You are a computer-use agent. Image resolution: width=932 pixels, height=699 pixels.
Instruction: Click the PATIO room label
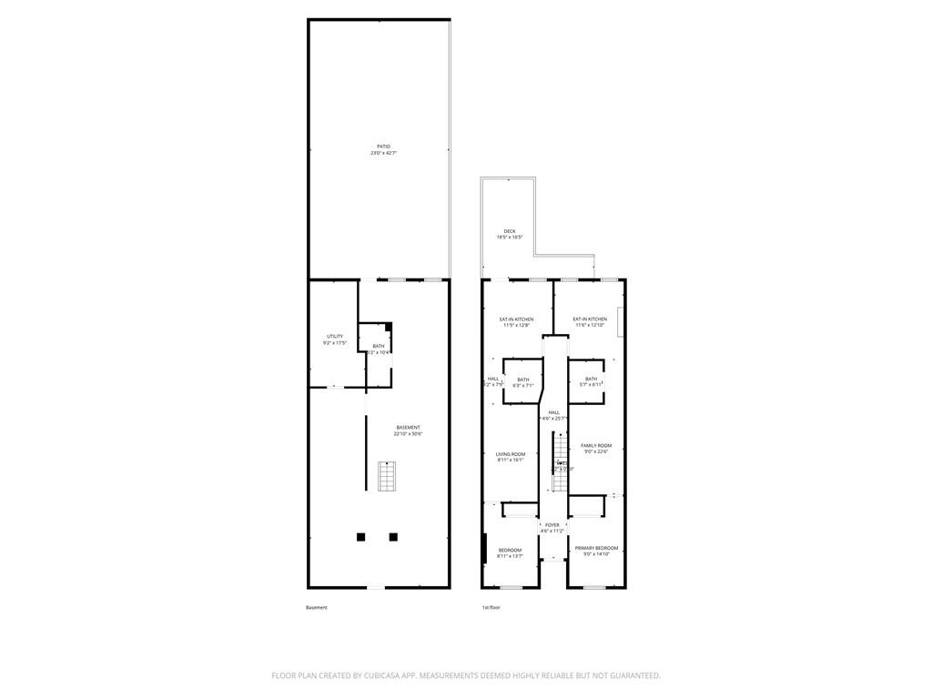tap(383, 149)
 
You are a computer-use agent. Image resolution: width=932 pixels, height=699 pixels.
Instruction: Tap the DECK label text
tap(509, 234)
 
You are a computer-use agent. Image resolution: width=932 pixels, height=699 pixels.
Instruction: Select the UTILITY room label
tap(335, 339)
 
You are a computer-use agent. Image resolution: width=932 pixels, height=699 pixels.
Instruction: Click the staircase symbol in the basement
tap(388, 476)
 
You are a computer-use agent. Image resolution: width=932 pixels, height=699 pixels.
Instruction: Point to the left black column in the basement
tap(361, 537)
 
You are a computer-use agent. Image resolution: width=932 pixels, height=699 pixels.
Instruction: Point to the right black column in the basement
tap(393, 537)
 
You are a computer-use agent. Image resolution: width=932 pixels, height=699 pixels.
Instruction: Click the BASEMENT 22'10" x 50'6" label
tap(408, 431)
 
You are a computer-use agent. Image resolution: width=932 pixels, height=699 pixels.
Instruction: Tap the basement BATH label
tap(379, 349)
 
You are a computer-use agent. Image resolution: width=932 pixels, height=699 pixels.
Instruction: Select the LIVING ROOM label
tap(511, 457)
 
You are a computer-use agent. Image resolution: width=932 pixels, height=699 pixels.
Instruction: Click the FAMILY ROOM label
tap(596, 449)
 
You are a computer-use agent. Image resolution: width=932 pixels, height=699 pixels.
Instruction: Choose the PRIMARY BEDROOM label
tap(596, 551)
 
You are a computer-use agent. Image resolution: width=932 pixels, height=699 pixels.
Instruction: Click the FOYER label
tap(552, 528)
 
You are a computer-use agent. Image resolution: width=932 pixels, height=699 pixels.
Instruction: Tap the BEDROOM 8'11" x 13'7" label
tap(510, 552)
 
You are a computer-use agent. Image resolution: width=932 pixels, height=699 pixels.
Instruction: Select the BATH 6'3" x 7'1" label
tap(522, 382)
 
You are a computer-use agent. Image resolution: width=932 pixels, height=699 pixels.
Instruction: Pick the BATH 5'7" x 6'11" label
tap(592, 381)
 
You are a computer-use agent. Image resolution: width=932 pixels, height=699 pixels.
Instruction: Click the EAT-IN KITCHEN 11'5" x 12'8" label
tap(516, 322)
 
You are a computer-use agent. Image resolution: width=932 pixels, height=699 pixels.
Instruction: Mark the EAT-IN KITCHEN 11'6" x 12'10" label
tap(590, 322)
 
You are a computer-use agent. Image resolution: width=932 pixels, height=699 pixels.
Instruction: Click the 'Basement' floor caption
tap(316, 607)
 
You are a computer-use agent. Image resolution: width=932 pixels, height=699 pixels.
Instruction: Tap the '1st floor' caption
tap(491, 607)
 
